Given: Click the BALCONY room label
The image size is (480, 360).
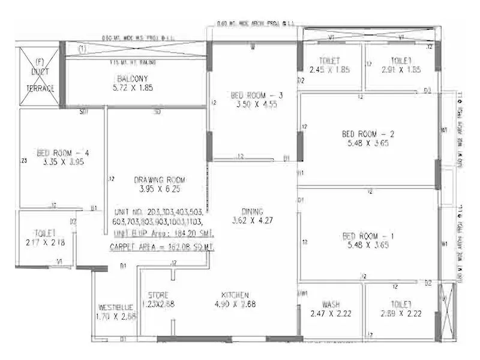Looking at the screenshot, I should (132, 79).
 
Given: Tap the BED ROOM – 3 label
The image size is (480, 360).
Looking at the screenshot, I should (256, 95).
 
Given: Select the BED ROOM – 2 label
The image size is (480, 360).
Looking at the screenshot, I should (367, 134).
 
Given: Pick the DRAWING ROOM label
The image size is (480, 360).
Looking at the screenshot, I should (159, 179).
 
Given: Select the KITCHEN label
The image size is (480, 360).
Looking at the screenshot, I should (235, 295).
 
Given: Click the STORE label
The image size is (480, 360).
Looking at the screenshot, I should (158, 295).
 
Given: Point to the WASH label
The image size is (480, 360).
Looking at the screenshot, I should (331, 304).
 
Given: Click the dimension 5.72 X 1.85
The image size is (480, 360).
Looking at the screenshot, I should (132, 88).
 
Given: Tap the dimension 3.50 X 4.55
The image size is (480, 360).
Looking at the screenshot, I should (256, 104).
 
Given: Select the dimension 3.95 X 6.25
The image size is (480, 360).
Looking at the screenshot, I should (159, 188).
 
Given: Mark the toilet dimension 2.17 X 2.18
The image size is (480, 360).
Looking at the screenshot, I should (45, 242).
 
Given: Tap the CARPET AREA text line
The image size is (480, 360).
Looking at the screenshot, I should (163, 247).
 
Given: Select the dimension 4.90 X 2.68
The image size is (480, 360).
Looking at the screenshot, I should (235, 304).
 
